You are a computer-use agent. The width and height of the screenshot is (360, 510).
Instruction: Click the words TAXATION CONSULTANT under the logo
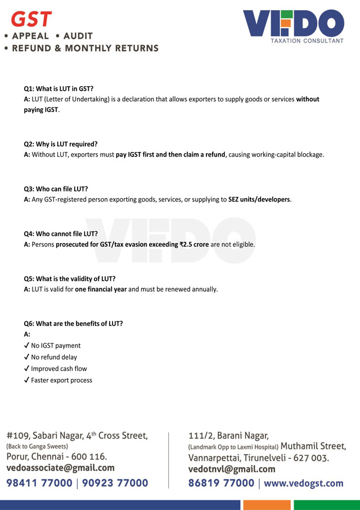coord(307,41)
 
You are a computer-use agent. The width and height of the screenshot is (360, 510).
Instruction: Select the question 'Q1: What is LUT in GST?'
coord(58,89)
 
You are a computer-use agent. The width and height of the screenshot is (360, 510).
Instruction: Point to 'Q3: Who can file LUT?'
coord(55,189)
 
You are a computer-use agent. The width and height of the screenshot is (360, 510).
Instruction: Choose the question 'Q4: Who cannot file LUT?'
coord(60,234)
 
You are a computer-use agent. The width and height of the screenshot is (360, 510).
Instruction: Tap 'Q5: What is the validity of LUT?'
coord(69,279)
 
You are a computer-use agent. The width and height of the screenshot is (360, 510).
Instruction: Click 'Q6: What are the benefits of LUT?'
coord(73,324)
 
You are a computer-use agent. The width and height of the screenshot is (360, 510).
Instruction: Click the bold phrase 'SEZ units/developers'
coord(259,199)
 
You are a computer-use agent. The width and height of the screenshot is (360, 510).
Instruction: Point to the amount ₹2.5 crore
coord(193,245)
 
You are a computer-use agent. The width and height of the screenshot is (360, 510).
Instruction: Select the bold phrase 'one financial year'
coord(101,289)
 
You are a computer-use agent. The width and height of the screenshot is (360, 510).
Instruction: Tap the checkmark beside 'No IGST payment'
coord(26,346)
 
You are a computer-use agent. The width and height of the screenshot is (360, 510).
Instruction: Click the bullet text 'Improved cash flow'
coord(59,369)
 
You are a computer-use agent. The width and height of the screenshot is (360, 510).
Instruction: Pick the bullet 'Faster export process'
coord(61,381)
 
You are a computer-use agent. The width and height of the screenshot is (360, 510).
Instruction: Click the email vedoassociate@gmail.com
coord(60,468)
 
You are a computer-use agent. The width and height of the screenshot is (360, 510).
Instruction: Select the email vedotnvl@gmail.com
coord(232,469)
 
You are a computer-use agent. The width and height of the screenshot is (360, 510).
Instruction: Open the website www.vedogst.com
coord(303,483)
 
